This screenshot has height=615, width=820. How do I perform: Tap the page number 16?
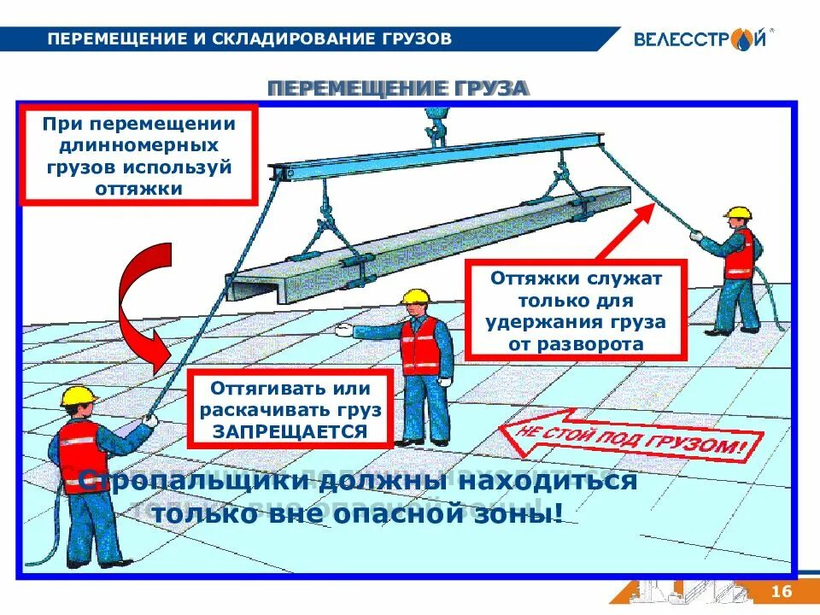(782, 592)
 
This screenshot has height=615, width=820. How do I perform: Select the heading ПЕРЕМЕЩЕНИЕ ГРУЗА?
(398, 89)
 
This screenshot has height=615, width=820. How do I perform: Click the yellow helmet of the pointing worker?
(415, 296)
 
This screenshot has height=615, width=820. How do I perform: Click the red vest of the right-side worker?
(739, 254)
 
